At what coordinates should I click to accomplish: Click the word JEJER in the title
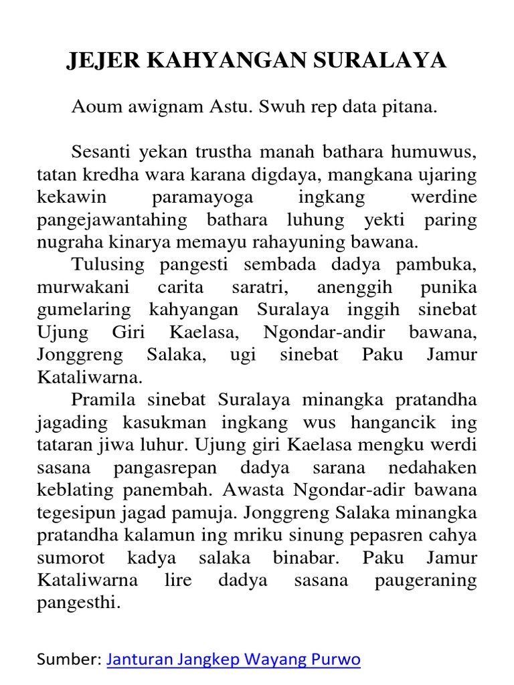pyautogui.click(x=104, y=61)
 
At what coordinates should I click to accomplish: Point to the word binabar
pyautogui.click(x=305, y=558)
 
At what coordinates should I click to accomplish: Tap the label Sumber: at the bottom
pyautogui.click(x=69, y=660)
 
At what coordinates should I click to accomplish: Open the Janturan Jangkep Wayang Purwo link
pyautogui.click(x=234, y=660)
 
